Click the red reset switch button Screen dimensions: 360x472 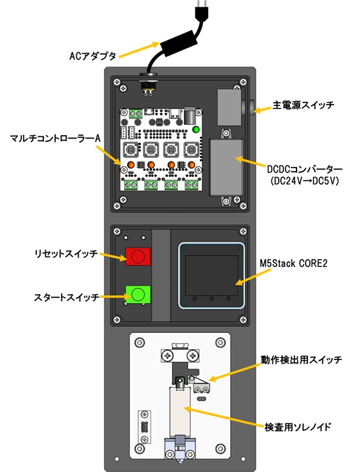click(138, 257)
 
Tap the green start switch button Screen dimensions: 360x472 click(138, 294)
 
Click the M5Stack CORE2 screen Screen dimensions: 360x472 click(211, 275)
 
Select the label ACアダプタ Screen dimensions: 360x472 click(93, 56)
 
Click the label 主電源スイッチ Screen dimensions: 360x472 click(303, 105)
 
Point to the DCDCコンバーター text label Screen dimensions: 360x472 click(304, 169)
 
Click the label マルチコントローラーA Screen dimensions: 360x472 click(55, 139)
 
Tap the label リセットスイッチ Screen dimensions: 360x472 click(66, 254)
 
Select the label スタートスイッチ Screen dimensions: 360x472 click(66, 297)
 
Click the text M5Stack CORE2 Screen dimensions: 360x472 click(293, 263)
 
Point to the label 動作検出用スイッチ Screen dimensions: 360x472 click(301, 359)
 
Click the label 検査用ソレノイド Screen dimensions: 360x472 click(298, 427)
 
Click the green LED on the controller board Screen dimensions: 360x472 click(195, 129)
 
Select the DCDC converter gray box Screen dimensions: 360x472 click(226, 168)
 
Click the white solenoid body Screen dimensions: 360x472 click(180, 412)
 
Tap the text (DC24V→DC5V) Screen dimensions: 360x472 click(304, 181)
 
